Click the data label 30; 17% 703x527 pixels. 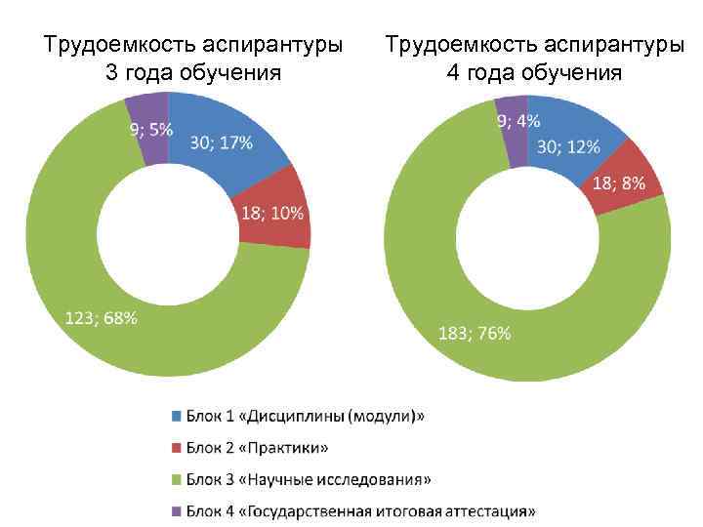[221, 142]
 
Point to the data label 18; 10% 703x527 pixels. [271, 214]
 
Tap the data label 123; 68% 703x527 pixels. [101, 318]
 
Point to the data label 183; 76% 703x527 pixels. [474, 333]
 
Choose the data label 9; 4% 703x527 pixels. [517, 121]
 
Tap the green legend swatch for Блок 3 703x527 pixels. [177, 479]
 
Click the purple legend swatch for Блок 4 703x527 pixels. [177, 511]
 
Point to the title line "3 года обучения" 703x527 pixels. [192, 72]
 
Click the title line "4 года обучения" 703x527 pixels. [534, 72]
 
